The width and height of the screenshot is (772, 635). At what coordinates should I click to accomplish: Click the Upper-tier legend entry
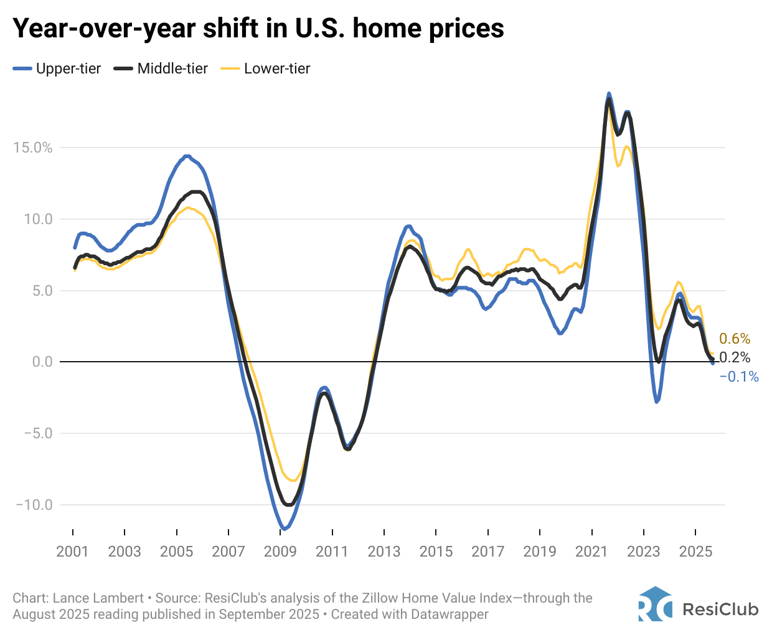[57, 68]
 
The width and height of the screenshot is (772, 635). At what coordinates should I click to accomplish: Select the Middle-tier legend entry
[161, 68]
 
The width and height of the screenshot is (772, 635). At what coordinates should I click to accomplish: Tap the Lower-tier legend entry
[266, 68]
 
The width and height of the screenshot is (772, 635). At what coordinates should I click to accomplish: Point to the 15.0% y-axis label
[32, 148]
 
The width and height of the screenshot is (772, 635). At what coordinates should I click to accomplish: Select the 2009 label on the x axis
[280, 552]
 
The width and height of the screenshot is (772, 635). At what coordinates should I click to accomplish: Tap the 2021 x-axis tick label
[591, 552]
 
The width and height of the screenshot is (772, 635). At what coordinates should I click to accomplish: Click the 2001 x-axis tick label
[73, 552]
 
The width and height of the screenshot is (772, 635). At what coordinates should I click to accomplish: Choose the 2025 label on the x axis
[695, 552]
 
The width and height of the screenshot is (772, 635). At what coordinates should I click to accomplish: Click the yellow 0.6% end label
[735, 339]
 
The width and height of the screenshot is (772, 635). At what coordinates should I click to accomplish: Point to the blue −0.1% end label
[739, 377]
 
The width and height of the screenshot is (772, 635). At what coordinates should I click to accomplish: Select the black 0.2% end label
[735, 357]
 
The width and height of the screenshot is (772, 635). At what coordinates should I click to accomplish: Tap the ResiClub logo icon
[655, 604]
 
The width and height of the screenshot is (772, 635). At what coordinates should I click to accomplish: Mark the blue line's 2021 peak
[609, 93]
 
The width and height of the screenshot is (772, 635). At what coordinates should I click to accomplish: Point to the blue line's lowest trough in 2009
[284, 529]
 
